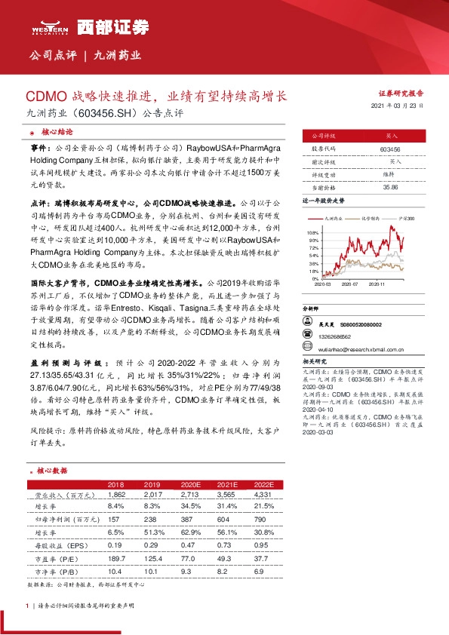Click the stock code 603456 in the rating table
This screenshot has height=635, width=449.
(x=391, y=150)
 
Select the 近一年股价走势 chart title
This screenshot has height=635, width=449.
(x=323, y=202)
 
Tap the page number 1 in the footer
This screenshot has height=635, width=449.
(x=27, y=606)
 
